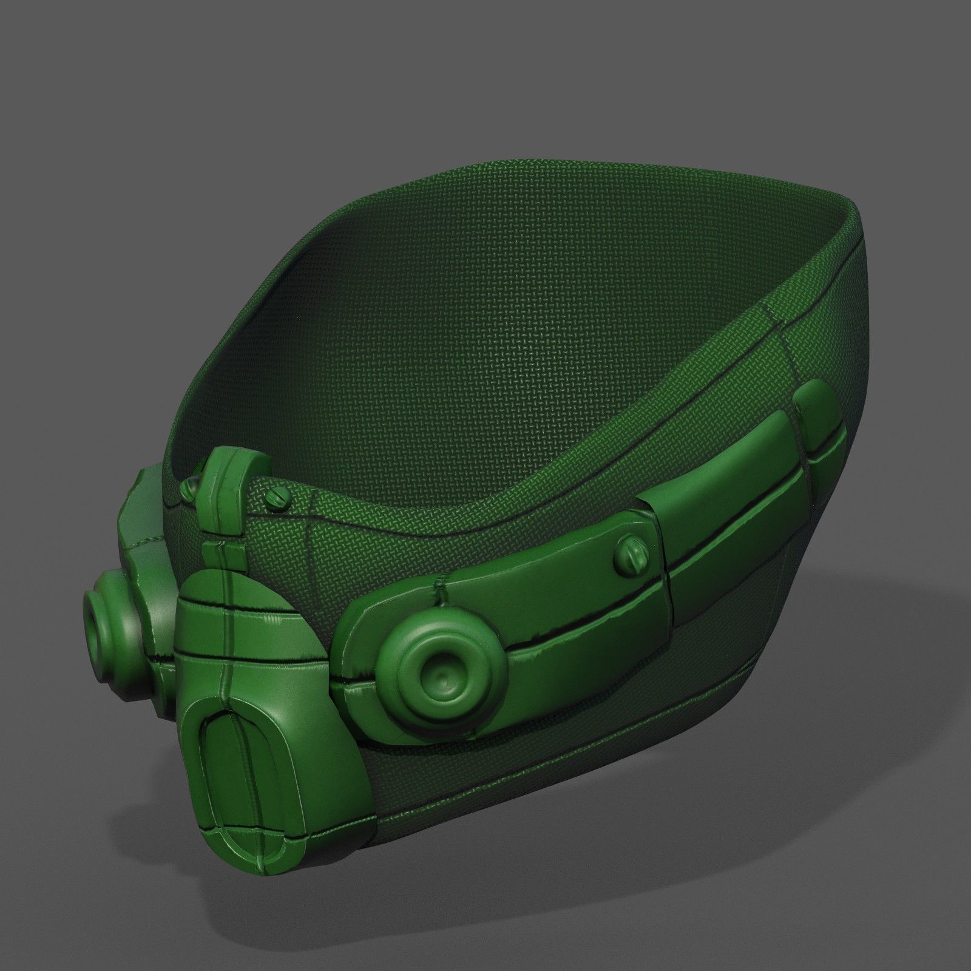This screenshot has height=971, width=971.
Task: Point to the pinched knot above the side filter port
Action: coord(438,586)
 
